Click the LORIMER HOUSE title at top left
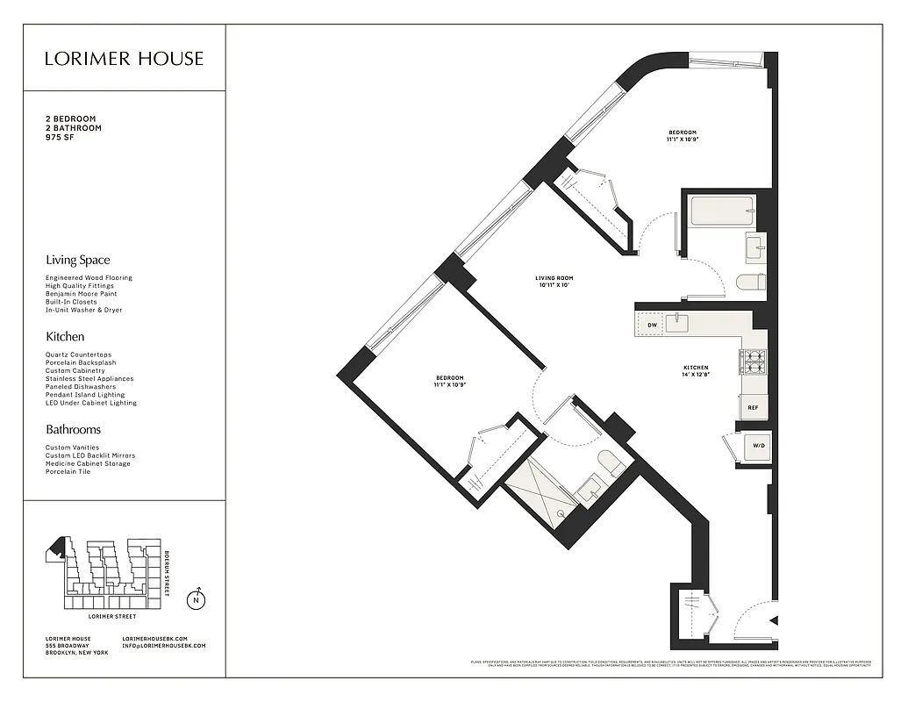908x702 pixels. click(125, 59)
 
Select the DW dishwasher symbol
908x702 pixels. click(652, 325)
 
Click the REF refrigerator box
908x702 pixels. click(753, 408)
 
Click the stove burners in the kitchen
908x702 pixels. click(754, 360)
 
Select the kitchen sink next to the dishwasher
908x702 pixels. click(678, 324)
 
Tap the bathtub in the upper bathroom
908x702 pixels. click(722, 211)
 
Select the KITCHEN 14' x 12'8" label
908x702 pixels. click(696, 371)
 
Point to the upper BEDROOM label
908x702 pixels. click(682, 135)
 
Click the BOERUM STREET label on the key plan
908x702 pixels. click(168, 571)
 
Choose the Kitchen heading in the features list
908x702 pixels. click(65, 337)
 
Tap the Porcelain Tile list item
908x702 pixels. click(68, 471)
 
